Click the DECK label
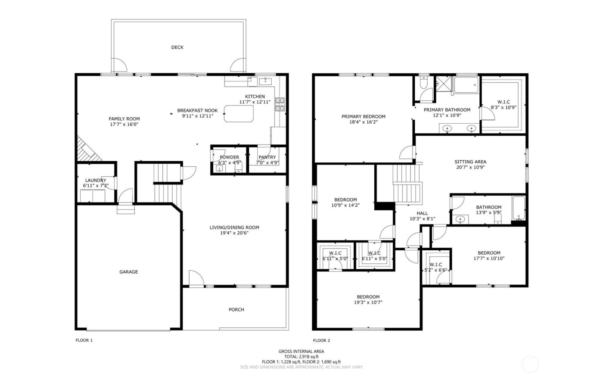point(177,47)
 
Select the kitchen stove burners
point(280,105)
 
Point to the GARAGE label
point(128,272)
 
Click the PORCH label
point(236,309)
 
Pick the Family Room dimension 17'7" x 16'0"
point(124,124)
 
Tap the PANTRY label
point(267,157)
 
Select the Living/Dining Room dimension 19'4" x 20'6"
point(234,233)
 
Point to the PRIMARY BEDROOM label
point(364,116)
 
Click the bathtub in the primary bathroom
point(466,85)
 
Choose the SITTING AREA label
point(470,162)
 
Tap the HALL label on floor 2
point(422,213)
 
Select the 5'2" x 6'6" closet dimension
point(436,270)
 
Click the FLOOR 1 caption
point(84,340)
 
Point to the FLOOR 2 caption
point(321,340)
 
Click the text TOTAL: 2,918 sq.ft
point(301,356)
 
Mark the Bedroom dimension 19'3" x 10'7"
point(368,302)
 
